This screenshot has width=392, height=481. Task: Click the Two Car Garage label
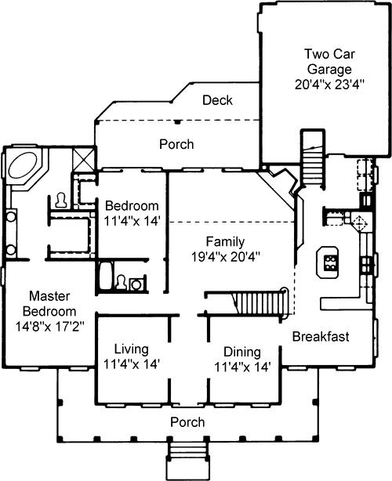pyautogui.click(x=329, y=61)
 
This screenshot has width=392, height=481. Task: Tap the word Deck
pyautogui.click(x=217, y=100)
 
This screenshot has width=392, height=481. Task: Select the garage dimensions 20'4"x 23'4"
pyautogui.click(x=329, y=84)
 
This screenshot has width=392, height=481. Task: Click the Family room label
pyautogui.click(x=225, y=241)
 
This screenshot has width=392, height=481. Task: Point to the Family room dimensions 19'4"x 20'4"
pyautogui.click(x=226, y=257)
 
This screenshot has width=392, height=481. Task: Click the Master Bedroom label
pyautogui.click(x=49, y=304)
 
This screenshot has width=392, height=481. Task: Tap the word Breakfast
pyautogui.click(x=321, y=337)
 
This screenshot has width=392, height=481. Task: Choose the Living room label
pyautogui.click(x=132, y=349)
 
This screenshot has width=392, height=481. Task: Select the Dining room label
pyautogui.click(x=242, y=353)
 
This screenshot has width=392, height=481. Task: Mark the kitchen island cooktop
pyautogui.click(x=330, y=263)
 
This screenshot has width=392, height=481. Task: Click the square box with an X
pyautogui.click(x=83, y=158)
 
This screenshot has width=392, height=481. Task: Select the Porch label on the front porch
pyautogui.click(x=187, y=422)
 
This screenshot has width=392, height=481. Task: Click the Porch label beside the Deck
pyautogui.click(x=176, y=144)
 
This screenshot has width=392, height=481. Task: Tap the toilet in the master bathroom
pyautogui.click(x=60, y=201)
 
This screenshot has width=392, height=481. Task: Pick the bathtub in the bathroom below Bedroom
pyautogui.click(x=106, y=275)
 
